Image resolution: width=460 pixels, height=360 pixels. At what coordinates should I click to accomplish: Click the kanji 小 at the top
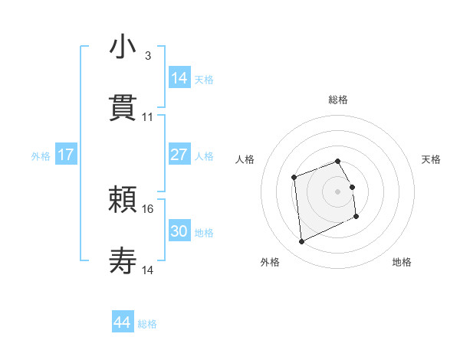(x=123, y=47)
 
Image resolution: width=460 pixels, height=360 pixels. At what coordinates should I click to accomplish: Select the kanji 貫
(x=123, y=108)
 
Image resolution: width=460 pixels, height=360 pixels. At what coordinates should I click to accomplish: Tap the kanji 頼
(x=123, y=200)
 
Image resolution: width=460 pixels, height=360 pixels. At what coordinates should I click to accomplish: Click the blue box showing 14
(x=179, y=78)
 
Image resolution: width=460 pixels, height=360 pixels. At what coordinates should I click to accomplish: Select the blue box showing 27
(x=179, y=155)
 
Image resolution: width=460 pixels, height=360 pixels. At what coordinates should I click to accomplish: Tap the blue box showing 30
(x=179, y=231)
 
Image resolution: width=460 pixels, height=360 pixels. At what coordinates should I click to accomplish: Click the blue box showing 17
(x=66, y=155)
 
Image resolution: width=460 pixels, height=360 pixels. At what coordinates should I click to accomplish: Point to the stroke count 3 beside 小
(x=148, y=56)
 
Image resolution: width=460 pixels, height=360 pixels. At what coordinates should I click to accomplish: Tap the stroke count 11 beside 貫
(x=148, y=117)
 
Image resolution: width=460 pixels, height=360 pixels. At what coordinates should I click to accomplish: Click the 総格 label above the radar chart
(x=338, y=100)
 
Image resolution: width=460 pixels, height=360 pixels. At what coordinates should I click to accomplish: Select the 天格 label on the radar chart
(x=432, y=159)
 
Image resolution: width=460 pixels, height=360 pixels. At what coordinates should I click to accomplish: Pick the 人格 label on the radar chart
(x=245, y=159)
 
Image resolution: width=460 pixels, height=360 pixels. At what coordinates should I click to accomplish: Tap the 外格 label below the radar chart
(x=270, y=262)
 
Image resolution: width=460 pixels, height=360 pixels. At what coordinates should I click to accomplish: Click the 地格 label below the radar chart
(x=402, y=262)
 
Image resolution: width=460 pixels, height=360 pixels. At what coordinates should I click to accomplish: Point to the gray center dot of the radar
(x=338, y=191)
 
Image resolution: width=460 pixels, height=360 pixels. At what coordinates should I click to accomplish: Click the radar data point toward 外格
(x=301, y=242)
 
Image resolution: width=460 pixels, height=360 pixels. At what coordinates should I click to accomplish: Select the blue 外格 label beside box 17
(x=41, y=155)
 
